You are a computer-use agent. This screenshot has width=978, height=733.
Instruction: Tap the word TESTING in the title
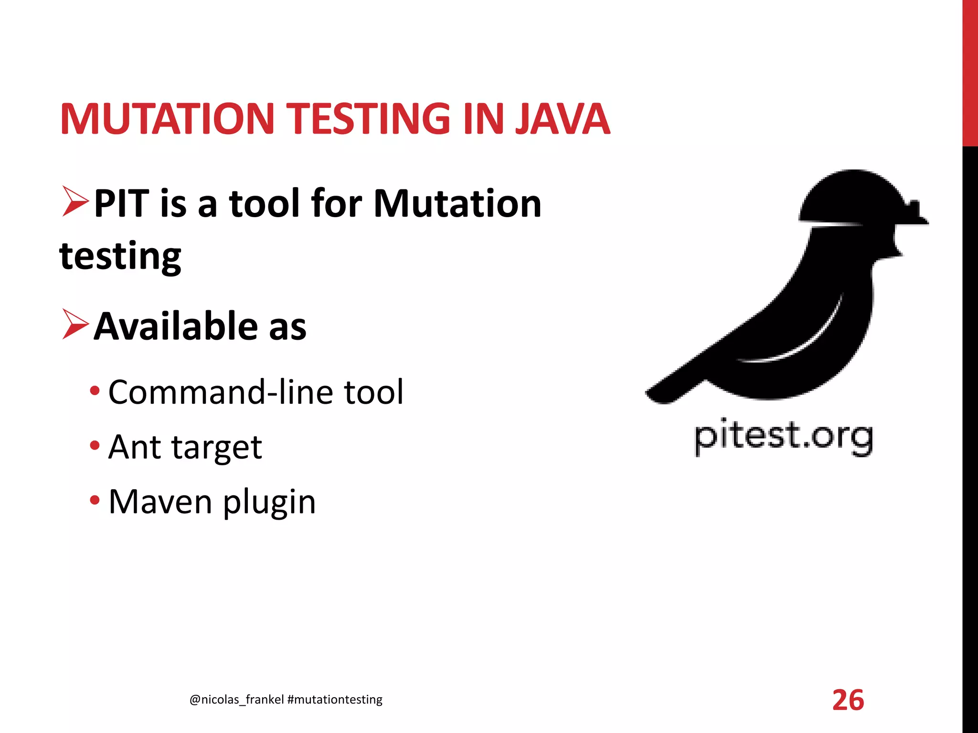(x=370, y=119)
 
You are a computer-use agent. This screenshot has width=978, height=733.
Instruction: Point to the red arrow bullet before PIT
(x=75, y=202)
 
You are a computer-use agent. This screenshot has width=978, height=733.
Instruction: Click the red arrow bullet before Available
(x=75, y=325)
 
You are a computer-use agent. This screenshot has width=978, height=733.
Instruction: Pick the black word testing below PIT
(x=120, y=257)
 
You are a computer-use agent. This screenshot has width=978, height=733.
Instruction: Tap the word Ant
(x=135, y=447)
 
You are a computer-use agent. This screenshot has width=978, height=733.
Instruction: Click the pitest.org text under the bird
(x=783, y=436)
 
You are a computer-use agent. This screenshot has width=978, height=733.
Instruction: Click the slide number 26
(x=848, y=700)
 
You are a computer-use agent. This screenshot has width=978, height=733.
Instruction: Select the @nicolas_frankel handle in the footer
(x=236, y=700)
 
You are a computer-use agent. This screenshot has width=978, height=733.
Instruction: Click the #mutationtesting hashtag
(x=335, y=700)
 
